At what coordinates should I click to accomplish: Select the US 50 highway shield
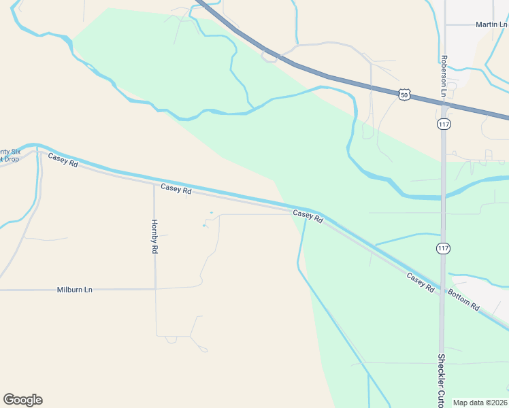pos(405,95)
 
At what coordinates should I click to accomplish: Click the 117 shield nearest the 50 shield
pos(444,124)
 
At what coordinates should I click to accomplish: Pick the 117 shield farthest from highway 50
pos(444,249)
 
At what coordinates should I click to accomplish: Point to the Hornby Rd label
pos(154,236)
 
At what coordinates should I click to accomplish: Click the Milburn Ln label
pos(74,290)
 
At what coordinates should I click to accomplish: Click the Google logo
pos(22,400)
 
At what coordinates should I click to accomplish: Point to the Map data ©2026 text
pos(480,403)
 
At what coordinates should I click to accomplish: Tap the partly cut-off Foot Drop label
pos(10,155)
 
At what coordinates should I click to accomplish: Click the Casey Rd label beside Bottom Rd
pos(420,282)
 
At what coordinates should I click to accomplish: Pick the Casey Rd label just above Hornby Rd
pos(176,188)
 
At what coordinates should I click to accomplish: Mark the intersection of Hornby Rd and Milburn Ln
pos(155,289)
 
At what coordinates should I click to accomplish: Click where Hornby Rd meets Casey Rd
pos(154,182)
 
